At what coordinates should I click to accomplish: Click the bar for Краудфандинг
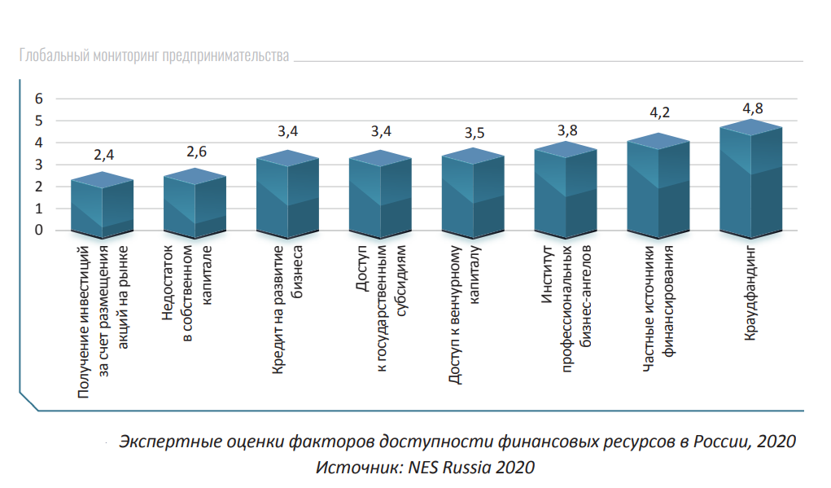[751, 183]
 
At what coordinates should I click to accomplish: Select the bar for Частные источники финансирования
[658, 191]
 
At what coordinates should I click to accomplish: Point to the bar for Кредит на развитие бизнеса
[287, 198]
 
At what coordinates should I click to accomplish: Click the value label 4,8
[752, 108]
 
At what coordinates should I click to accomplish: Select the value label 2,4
[103, 155]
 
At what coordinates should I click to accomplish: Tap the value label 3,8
[567, 130]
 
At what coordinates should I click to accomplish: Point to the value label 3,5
[475, 133]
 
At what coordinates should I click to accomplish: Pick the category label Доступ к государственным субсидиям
[381, 309]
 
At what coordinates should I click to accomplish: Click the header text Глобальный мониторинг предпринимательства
[154, 56]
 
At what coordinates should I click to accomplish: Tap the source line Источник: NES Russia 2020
[425, 467]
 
